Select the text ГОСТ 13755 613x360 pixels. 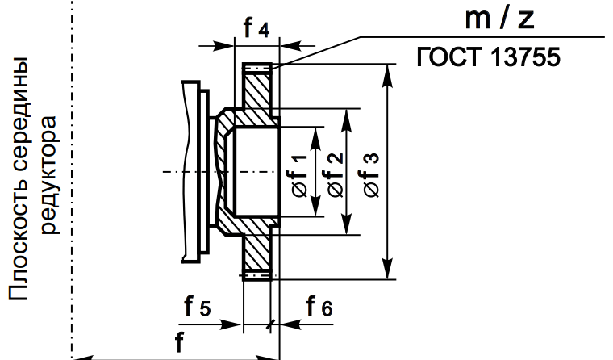tap(488, 58)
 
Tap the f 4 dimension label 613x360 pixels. tap(256, 31)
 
